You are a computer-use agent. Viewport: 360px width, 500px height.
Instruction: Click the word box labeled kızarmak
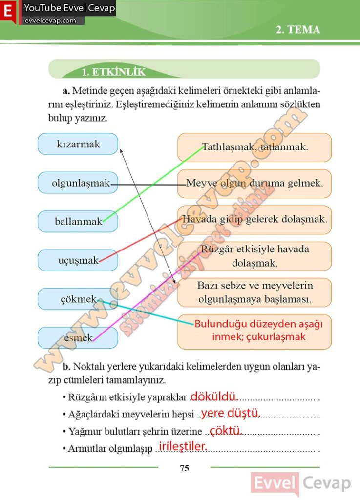coord(78,144)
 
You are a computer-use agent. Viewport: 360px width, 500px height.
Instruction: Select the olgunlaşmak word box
coord(78,183)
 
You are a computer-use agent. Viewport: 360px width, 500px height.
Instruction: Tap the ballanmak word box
coord(78,221)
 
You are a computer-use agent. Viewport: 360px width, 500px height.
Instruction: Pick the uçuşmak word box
coord(78,260)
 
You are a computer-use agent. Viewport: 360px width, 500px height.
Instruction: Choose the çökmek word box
coord(78,299)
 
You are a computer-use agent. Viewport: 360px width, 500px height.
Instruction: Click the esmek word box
coord(78,337)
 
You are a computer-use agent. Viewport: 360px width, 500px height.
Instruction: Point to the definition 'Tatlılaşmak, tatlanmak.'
coord(254,147)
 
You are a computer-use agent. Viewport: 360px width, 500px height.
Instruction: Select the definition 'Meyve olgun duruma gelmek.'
coord(254,184)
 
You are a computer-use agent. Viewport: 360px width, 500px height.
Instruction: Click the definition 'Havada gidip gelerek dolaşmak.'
coord(254,219)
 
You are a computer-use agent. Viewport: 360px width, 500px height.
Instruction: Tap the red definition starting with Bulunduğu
coord(254,331)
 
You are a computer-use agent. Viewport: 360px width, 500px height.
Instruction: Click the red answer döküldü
coord(213,397)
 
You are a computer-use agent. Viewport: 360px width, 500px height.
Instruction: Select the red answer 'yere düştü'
coord(230,413)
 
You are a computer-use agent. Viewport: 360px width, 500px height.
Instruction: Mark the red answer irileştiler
coord(183,446)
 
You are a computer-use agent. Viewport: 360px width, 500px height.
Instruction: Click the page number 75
coord(184,468)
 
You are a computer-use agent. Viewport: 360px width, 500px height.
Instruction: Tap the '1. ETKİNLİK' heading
coord(113,72)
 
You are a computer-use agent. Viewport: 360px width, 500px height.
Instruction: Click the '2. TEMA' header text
coord(298,30)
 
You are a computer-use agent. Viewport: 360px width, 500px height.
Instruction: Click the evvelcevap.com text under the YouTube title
coord(50,21)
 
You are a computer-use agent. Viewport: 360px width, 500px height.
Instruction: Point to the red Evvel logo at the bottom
coord(275,484)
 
